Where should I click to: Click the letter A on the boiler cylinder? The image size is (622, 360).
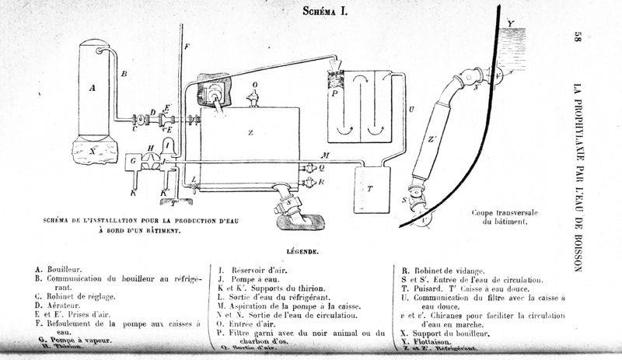(93, 88)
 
